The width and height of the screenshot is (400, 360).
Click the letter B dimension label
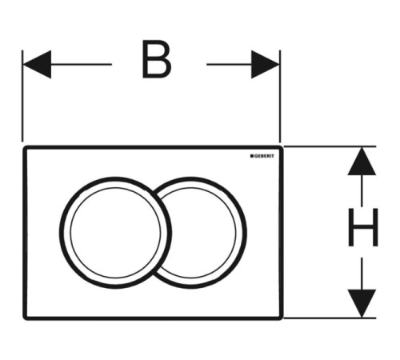pyautogui.click(x=157, y=59)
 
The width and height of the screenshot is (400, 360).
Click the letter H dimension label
pyautogui.click(x=363, y=227)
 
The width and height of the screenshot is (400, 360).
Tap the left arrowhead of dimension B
pyautogui.click(x=37, y=64)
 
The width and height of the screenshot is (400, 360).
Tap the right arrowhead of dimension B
pyautogui.click(x=265, y=64)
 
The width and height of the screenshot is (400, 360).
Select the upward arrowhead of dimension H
pyautogui.click(x=362, y=162)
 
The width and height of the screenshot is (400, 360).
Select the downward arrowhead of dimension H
pyautogui.click(x=362, y=303)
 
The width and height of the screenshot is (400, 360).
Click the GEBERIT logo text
pyautogui.click(x=263, y=156)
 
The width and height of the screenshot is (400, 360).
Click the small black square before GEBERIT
pyautogui.click(x=251, y=156)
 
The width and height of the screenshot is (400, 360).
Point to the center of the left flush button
pyautogui.click(x=115, y=233)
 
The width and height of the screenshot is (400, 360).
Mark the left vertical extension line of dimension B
pyautogui.click(x=22, y=96)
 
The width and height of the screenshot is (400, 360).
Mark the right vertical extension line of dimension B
pyautogui.click(x=280, y=96)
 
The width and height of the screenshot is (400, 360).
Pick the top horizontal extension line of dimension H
pyautogui.click(x=330, y=146)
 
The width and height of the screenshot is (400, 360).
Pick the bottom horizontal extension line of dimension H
pyautogui.click(x=330, y=318)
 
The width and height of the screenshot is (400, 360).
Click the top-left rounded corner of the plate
pyautogui.click(x=25, y=148)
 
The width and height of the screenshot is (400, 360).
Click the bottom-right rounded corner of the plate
pyautogui.click(x=281, y=318)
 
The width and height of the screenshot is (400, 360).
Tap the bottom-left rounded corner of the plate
pyautogui.click(x=26, y=318)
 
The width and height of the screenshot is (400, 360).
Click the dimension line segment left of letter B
pyautogui.click(x=81, y=64)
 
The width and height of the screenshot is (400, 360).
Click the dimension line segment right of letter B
pyautogui.click(x=229, y=64)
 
